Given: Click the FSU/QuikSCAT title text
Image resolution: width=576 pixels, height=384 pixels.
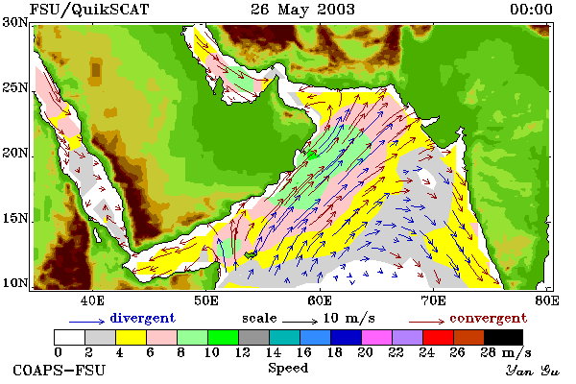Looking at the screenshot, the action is tap(89, 10).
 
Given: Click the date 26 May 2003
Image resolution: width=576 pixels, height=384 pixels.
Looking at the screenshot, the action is tap(302, 10).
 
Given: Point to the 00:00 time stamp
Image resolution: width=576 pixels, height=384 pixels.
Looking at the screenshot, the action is tap(531, 10).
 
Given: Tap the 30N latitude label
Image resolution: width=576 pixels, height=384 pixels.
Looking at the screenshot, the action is tap(15, 22).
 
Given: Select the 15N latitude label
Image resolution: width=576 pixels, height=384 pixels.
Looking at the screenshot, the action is tap(15, 218).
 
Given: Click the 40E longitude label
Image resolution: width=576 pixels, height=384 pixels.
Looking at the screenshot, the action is tap(92, 300).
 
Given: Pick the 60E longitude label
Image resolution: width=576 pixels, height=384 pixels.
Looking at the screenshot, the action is tap(320, 300).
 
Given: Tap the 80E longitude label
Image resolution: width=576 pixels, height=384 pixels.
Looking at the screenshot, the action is tap(547, 300).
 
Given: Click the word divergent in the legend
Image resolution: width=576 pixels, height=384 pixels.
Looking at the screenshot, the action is tap(142, 318).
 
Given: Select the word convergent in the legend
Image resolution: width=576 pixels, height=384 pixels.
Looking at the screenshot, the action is tap(489, 318).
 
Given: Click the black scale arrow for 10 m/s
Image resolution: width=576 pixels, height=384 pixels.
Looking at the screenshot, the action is tap(300, 322).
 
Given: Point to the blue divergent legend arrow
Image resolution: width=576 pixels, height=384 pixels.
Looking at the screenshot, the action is tap(86, 322).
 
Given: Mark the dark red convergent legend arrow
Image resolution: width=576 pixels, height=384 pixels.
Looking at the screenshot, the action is tap(426, 322).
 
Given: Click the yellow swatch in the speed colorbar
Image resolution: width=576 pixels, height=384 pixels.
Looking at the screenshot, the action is tap(132, 337).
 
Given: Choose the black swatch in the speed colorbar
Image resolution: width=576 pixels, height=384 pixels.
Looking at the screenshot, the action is tap(503, 337).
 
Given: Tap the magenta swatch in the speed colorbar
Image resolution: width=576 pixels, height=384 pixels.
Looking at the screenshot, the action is tap(377, 337).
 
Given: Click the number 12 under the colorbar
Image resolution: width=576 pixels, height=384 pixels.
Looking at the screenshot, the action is tap(243, 352).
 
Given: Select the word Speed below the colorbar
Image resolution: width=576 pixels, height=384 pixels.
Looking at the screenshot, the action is tap(288, 369).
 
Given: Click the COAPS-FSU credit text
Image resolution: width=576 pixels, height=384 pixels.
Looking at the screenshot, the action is tap(60, 370).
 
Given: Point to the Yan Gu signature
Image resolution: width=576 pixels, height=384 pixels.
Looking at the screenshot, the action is tap(532, 371).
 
